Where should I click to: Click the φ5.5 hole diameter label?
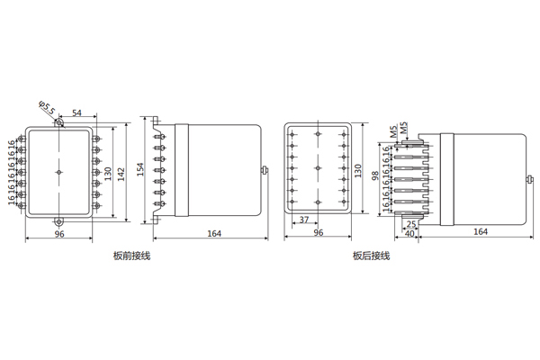[47, 108]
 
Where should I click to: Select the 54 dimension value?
[76, 112]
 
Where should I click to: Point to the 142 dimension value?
[121, 172]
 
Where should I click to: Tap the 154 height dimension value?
[140, 169]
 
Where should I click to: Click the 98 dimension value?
[375, 175]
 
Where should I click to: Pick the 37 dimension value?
[304, 220]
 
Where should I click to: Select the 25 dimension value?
[411, 225]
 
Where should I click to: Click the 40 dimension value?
[409, 234]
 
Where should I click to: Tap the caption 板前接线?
[132, 256]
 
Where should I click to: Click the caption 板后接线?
[371, 256]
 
